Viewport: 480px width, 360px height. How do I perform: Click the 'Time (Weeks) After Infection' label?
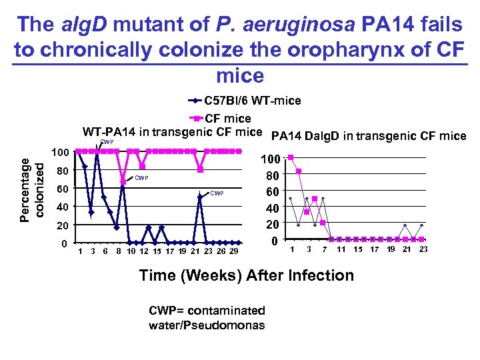[x=247, y=275]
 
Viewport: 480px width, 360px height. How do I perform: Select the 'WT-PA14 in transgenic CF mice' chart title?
[x=172, y=131]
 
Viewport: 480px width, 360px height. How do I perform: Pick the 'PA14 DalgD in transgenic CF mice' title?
[x=368, y=136]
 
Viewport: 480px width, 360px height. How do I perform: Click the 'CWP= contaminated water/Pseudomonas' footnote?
[x=207, y=318]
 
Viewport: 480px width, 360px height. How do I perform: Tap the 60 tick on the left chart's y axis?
[x=63, y=189]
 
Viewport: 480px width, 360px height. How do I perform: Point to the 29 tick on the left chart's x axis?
[x=233, y=251]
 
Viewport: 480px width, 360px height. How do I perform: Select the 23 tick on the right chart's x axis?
[x=423, y=249]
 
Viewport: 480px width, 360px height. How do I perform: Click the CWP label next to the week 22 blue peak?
[x=217, y=193]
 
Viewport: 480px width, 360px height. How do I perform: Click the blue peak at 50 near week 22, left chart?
[x=200, y=197]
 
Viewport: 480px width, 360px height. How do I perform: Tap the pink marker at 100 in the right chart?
[x=291, y=157]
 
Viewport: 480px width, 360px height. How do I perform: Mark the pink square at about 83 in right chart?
[x=299, y=171]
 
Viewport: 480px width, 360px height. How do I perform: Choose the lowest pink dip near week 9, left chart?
[x=123, y=181]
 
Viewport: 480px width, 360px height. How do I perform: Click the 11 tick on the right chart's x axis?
[x=341, y=249]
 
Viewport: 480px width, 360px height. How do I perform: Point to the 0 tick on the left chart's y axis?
[x=64, y=243]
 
